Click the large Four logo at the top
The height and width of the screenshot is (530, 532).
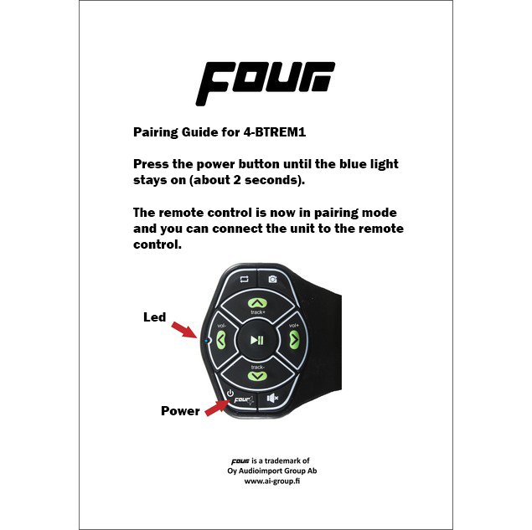coord(266,84)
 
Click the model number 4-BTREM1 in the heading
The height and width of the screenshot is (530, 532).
coord(275,131)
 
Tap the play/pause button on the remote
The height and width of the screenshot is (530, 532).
coord(257,340)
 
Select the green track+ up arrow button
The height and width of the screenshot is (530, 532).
coord(257,303)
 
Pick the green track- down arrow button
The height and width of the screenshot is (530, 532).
coord(257,376)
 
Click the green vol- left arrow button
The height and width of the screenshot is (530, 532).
coord(221,339)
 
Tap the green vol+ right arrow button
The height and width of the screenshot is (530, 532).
coord(294,339)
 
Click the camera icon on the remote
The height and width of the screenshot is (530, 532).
coord(272,279)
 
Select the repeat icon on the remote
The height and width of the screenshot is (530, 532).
coord(245,279)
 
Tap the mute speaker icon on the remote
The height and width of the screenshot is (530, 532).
coord(272,398)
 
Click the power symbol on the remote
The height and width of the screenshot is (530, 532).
coord(230,393)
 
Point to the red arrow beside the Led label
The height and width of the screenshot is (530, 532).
coord(183,330)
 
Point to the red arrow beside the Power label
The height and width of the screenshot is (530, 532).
coord(218,408)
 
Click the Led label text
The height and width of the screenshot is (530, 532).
coord(155,317)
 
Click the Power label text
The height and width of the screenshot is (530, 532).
coord(180,411)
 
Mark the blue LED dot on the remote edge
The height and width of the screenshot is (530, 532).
coord(208,339)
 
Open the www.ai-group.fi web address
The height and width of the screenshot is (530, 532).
coord(272,481)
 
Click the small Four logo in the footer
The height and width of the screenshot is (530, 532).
coord(240,461)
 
